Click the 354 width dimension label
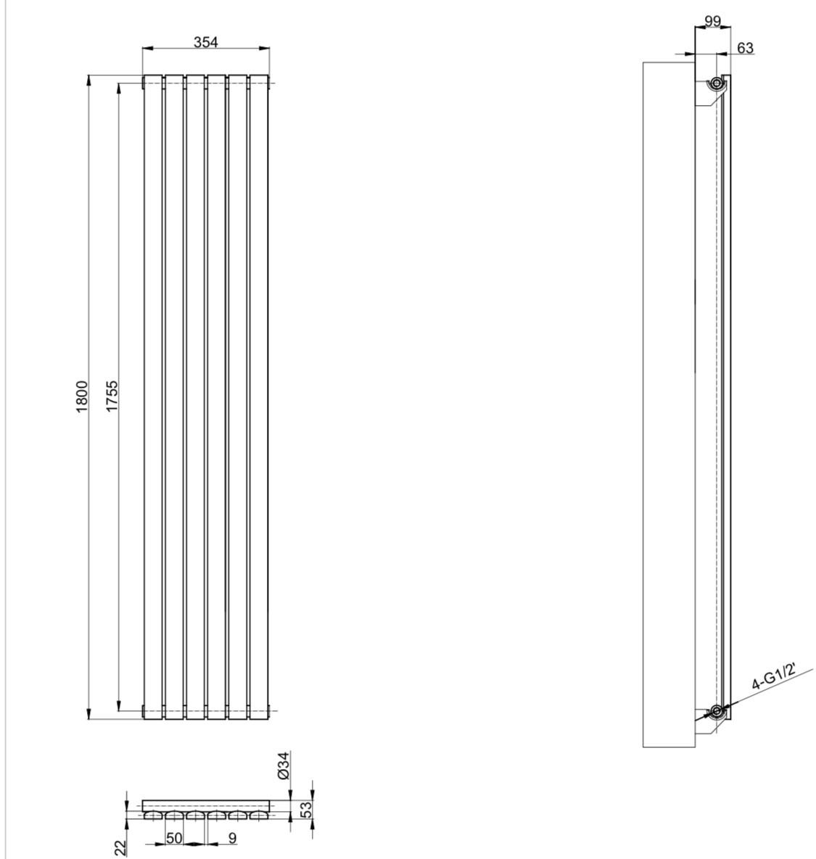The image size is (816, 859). [205, 41]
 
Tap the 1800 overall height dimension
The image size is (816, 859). [82, 396]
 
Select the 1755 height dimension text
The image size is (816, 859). [112, 396]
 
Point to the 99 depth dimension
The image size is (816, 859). [712, 21]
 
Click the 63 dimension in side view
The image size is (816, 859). [746, 49]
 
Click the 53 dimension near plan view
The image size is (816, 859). [306, 809]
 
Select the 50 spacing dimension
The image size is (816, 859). [174, 838]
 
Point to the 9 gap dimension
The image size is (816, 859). [232, 838]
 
